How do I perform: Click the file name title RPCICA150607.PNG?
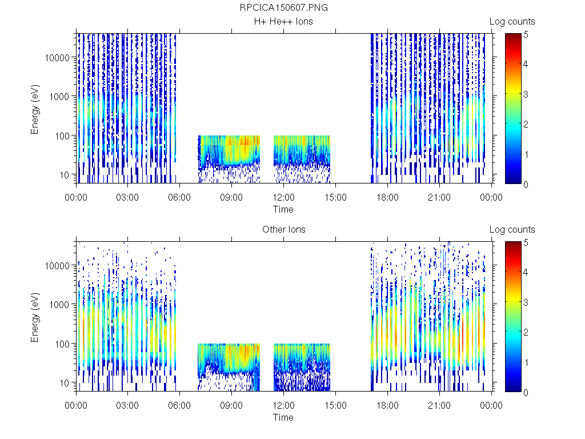283,8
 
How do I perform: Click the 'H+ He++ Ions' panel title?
283,22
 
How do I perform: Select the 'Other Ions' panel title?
283,230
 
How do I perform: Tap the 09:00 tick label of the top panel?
231,198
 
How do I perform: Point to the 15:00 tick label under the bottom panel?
335,406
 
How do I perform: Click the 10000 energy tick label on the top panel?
58,58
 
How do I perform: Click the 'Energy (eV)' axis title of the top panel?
35,109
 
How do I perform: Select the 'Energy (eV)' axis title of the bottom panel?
35,317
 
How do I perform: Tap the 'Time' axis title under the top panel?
283,209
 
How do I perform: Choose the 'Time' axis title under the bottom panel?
283,417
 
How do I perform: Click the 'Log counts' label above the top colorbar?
512,22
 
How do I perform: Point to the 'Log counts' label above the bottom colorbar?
512,230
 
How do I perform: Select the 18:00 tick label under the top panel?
387,198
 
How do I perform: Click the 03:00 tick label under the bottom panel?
127,406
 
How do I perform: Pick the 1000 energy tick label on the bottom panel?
60,305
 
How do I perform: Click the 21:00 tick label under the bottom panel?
439,406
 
